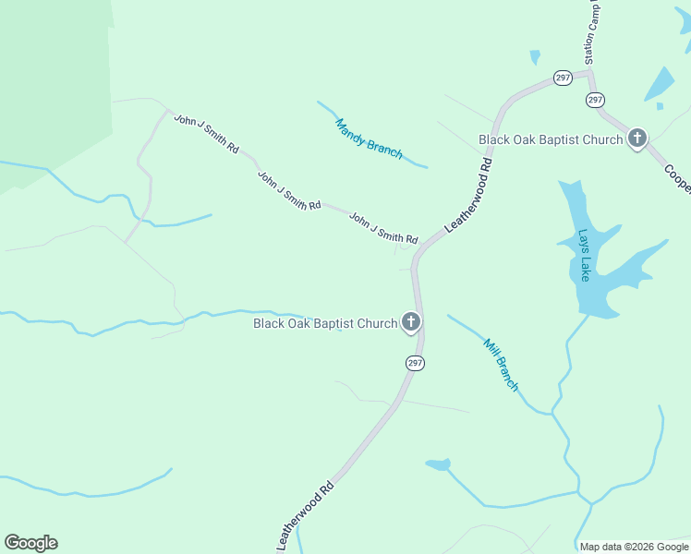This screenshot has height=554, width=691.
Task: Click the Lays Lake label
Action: (x=583, y=255)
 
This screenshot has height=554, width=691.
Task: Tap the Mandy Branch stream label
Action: (x=369, y=138)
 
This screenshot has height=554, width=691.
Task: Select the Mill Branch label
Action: (x=502, y=364)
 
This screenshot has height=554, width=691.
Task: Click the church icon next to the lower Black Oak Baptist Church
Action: (x=411, y=322)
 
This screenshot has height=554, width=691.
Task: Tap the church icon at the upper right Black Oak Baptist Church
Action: (x=636, y=139)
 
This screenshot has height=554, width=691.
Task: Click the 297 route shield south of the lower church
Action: (x=415, y=364)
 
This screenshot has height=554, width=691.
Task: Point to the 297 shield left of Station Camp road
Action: (x=564, y=78)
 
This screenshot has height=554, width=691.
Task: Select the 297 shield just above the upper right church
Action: (x=595, y=100)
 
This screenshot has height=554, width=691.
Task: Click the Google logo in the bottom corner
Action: (x=30, y=543)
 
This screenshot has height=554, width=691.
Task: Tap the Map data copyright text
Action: (x=634, y=547)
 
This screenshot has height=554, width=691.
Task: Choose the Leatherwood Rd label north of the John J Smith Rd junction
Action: (x=469, y=194)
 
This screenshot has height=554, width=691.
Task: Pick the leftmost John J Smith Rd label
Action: (x=207, y=134)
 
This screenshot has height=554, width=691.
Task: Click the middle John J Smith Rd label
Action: (x=289, y=191)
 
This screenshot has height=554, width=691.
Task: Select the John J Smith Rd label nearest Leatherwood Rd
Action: (x=383, y=228)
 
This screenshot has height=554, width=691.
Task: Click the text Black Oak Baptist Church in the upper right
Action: (x=551, y=139)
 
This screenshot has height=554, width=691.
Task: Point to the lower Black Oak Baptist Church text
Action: (x=325, y=323)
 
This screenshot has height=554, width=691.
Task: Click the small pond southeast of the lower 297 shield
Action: (x=438, y=464)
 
